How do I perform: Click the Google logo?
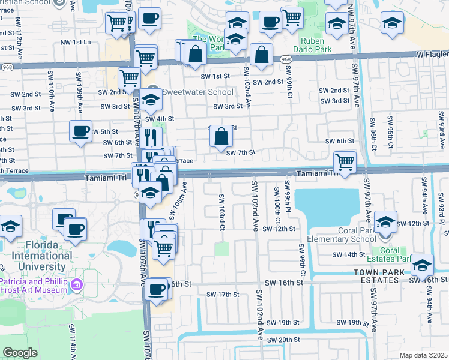point(20,353)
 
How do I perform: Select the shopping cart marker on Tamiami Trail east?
point(345,161)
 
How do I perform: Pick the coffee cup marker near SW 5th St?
point(80,131)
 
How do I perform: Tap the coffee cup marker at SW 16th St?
point(157,289)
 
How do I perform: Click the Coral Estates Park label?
point(390,254)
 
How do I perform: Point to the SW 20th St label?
point(283,340)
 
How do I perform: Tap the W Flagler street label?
point(432,55)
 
